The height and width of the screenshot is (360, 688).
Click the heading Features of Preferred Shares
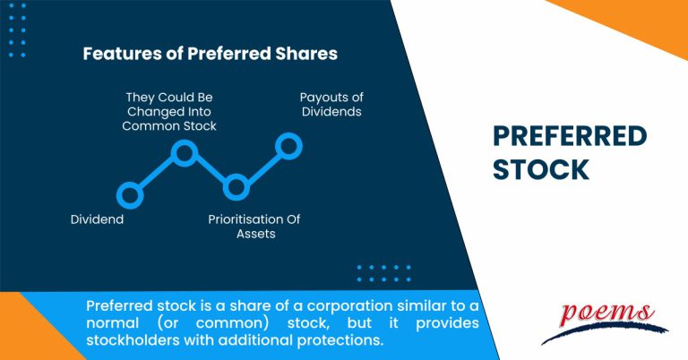(x=210, y=54)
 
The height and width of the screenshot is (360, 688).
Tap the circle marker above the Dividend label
(x=130, y=193)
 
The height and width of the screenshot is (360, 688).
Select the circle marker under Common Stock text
(x=184, y=154)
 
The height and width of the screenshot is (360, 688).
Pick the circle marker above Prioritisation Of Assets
(x=236, y=187)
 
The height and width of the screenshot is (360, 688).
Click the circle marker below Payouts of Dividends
(x=288, y=144)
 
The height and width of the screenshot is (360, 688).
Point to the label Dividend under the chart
(x=97, y=219)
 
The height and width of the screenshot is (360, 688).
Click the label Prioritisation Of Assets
(x=255, y=227)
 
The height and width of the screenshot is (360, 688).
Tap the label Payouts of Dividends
(x=331, y=105)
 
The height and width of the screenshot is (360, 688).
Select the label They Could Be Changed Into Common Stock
(x=170, y=111)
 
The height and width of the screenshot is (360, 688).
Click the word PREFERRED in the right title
(x=570, y=137)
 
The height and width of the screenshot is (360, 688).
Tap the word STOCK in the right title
(x=542, y=169)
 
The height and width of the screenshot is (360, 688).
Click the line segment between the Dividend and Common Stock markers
(x=157, y=174)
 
